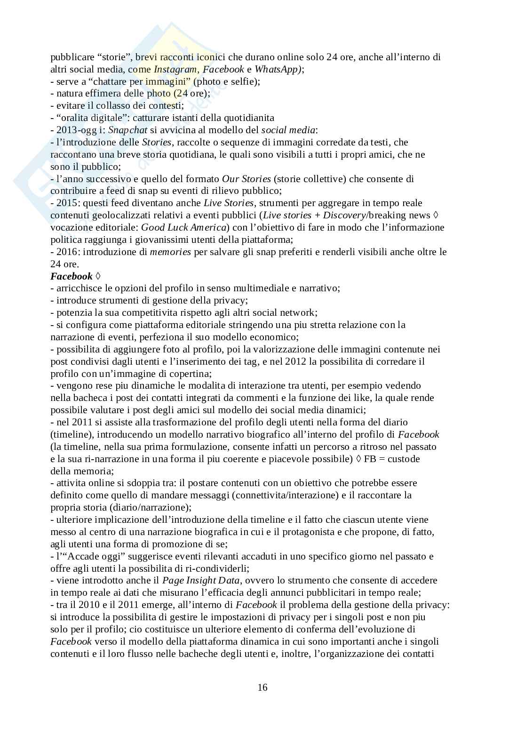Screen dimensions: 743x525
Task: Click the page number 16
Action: [x=262, y=687]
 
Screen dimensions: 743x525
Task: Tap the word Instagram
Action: [x=175, y=69]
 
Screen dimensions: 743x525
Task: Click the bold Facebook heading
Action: [x=72, y=276]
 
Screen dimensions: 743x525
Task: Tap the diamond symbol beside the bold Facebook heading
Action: [x=98, y=276]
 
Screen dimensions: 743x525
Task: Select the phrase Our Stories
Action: [x=247, y=179]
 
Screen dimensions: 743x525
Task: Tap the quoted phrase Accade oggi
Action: [x=83, y=556]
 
